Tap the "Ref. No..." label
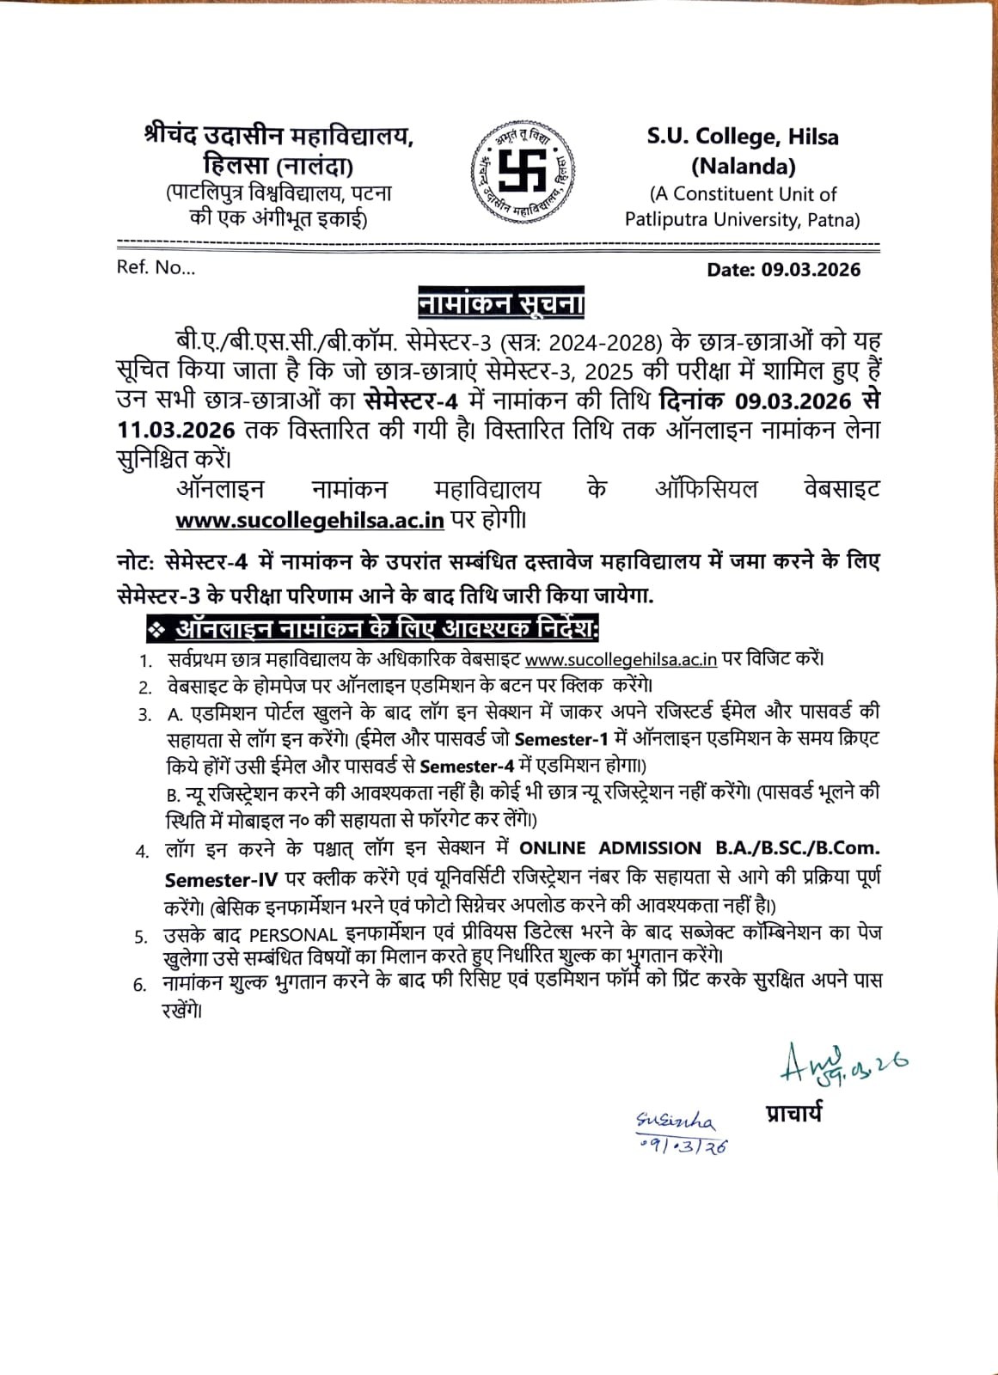(x=156, y=267)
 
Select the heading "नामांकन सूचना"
(x=500, y=304)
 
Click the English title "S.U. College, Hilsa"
(x=743, y=137)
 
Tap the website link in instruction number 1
(x=621, y=660)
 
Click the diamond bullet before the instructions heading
(x=156, y=630)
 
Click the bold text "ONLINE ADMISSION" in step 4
(x=610, y=848)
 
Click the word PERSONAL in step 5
(x=293, y=935)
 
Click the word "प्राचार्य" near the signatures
(x=793, y=1114)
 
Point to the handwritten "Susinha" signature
(x=675, y=1121)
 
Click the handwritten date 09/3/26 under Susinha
(x=684, y=1146)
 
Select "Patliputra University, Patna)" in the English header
(x=742, y=220)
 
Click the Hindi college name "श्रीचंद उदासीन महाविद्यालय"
(x=279, y=137)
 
